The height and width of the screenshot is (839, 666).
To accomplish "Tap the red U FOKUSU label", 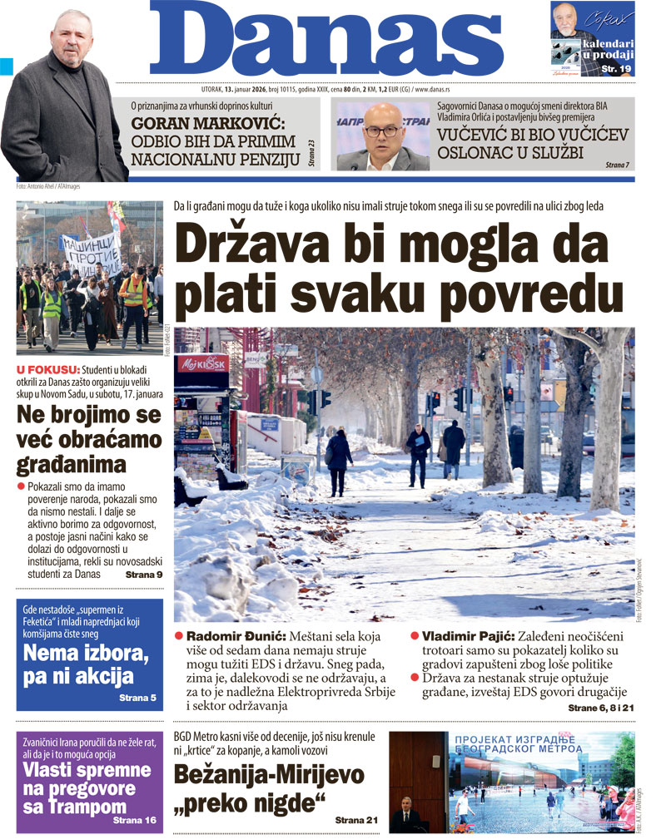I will click(47, 369).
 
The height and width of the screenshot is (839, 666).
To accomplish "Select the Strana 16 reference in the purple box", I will click(134, 820).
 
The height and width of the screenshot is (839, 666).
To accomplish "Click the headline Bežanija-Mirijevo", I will click(268, 775).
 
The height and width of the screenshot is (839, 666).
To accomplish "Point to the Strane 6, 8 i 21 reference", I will click(600, 707).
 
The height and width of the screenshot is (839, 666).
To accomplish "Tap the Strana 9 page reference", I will click(143, 575).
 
